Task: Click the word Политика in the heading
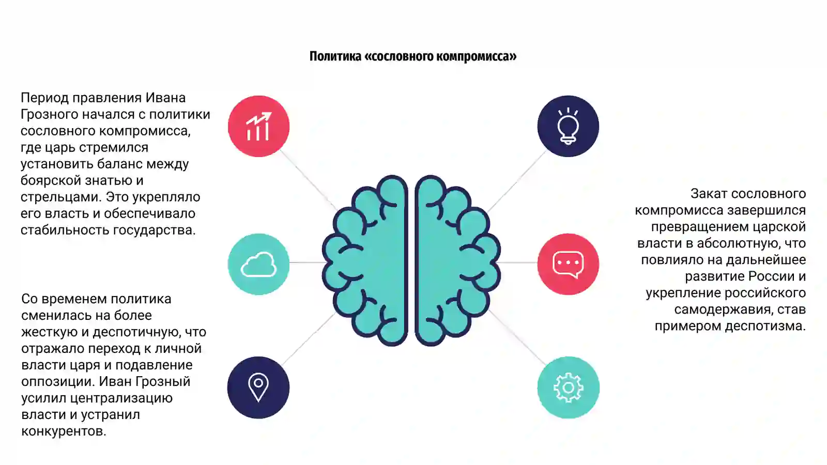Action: pos(335,56)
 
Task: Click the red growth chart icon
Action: pos(259,126)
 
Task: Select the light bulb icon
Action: pos(568,126)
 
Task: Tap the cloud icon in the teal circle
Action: pos(258,264)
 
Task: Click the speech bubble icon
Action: pos(568,265)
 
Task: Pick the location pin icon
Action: pos(258,388)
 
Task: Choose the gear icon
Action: pos(568,388)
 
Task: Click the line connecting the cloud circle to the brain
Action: pos(306,262)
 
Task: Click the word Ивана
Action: pos(165,98)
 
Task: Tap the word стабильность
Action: pos(65,230)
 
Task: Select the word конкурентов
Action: pos(64,431)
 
